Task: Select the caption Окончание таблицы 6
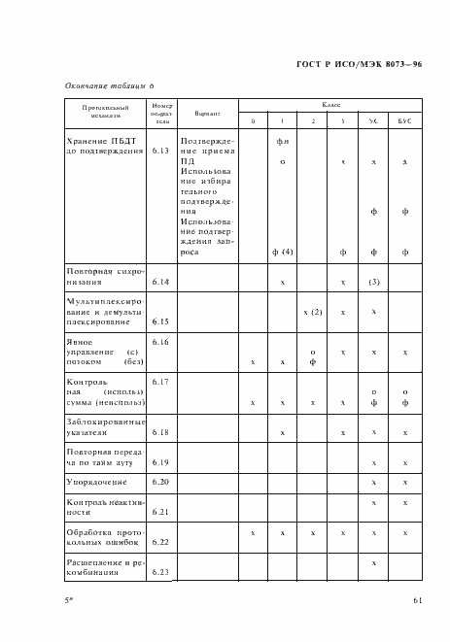(x=111, y=86)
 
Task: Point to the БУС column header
(x=404, y=121)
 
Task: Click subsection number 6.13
(x=160, y=152)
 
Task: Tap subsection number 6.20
(x=160, y=482)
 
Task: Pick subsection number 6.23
(x=160, y=573)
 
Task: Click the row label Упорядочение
(x=97, y=482)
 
